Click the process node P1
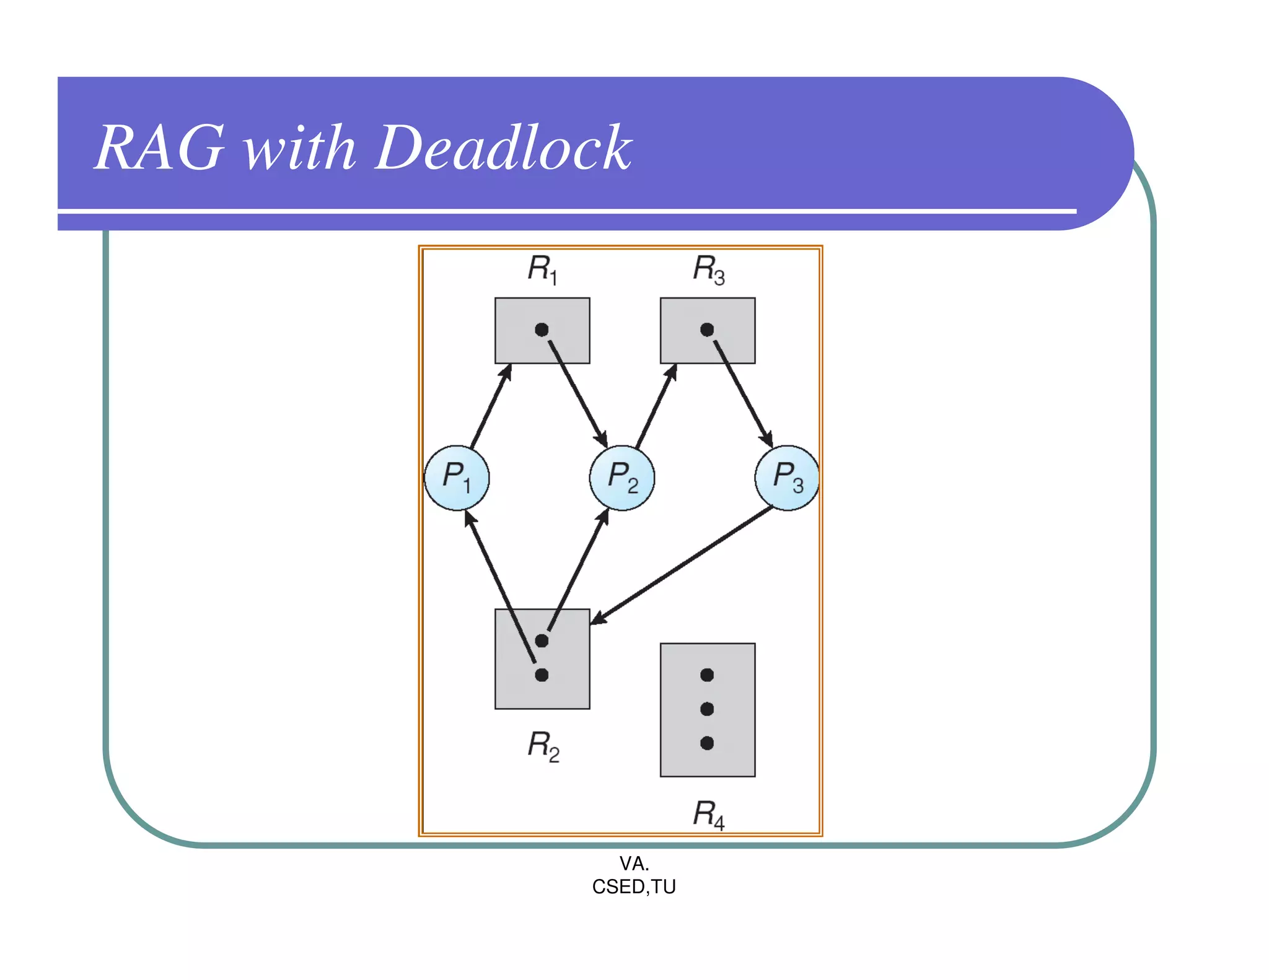pyautogui.click(x=457, y=478)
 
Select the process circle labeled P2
pyautogui.click(x=622, y=478)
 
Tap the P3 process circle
pyautogui.click(x=787, y=478)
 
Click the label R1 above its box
pyautogui.click(x=542, y=269)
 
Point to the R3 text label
pyautogui.click(x=708, y=269)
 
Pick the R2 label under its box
pyautogui.click(x=543, y=746)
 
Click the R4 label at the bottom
pyautogui.click(x=708, y=814)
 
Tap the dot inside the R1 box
pyautogui.click(x=542, y=330)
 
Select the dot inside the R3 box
pyautogui.click(x=707, y=330)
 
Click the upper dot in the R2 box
pyautogui.click(x=542, y=641)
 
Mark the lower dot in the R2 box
pyautogui.click(x=542, y=675)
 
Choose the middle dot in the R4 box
pyautogui.click(x=707, y=709)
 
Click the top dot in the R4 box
pyautogui.click(x=707, y=675)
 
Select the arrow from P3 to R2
pyautogui.click(x=682, y=565)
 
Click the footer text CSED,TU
pyautogui.click(x=634, y=887)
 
